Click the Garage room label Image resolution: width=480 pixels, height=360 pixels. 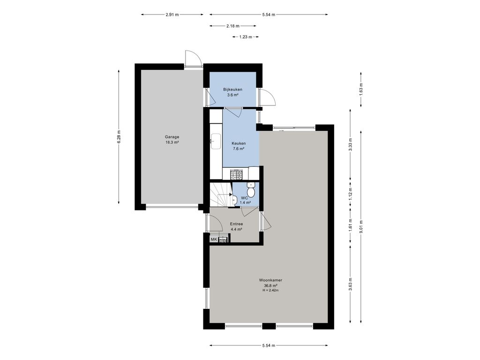click(172, 137)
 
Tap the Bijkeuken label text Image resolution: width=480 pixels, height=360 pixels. click(232, 90)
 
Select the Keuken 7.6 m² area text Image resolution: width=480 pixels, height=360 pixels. click(239, 149)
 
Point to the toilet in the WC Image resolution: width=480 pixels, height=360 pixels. click(251, 190)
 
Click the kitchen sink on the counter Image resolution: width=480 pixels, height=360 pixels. click(216, 142)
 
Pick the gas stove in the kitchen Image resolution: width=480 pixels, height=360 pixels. click(236, 175)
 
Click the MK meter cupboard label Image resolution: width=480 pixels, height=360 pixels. click(214, 240)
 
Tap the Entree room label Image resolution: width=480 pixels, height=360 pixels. click(236, 224)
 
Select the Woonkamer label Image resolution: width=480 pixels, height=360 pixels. click(270, 280)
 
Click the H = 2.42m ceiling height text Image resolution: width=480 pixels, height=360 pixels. click(270, 290)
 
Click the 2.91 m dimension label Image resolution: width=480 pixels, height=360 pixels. click(172, 15)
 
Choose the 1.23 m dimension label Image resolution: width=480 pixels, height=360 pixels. click(246, 37)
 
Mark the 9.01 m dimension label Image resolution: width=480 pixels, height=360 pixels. click(361, 227)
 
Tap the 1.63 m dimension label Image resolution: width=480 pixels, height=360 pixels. click(361, 90)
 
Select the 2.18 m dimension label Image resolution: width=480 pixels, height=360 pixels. click(233, 26)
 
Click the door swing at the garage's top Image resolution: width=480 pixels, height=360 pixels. click(193, 58)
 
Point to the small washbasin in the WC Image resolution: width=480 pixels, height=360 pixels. click(235, 199)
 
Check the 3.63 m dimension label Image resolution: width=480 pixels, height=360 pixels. click(350, 284)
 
